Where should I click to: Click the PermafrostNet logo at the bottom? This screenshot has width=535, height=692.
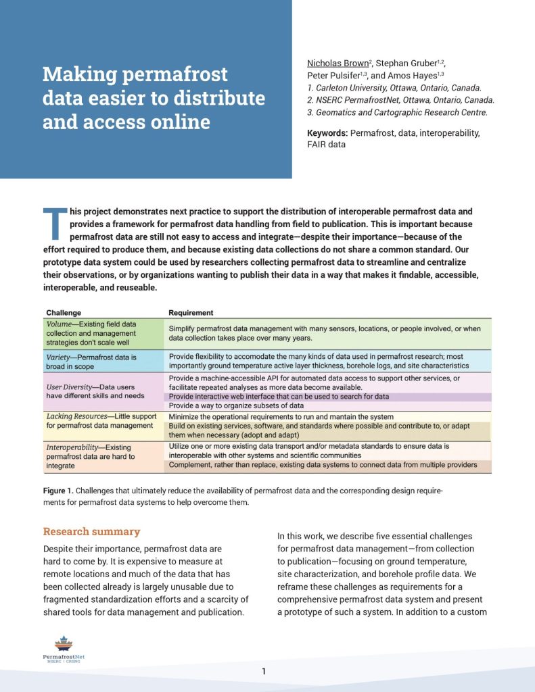pyautogui.click(x=63, y=649)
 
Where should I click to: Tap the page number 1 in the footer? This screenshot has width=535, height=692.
pyautogui.click(x=264, y=671)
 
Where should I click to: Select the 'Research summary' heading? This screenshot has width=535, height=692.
pyautogui.click(x=91, y=532)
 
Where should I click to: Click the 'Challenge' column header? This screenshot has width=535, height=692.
pyautogui.click(x=64, y=313)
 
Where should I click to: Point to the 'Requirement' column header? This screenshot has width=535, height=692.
pyautogui.click(x=191, y=313)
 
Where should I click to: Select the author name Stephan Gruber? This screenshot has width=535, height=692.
pyautogui.click(x=407, y=64)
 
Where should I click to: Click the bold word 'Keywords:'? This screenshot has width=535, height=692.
pyautogui.click(x=327, y=133)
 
